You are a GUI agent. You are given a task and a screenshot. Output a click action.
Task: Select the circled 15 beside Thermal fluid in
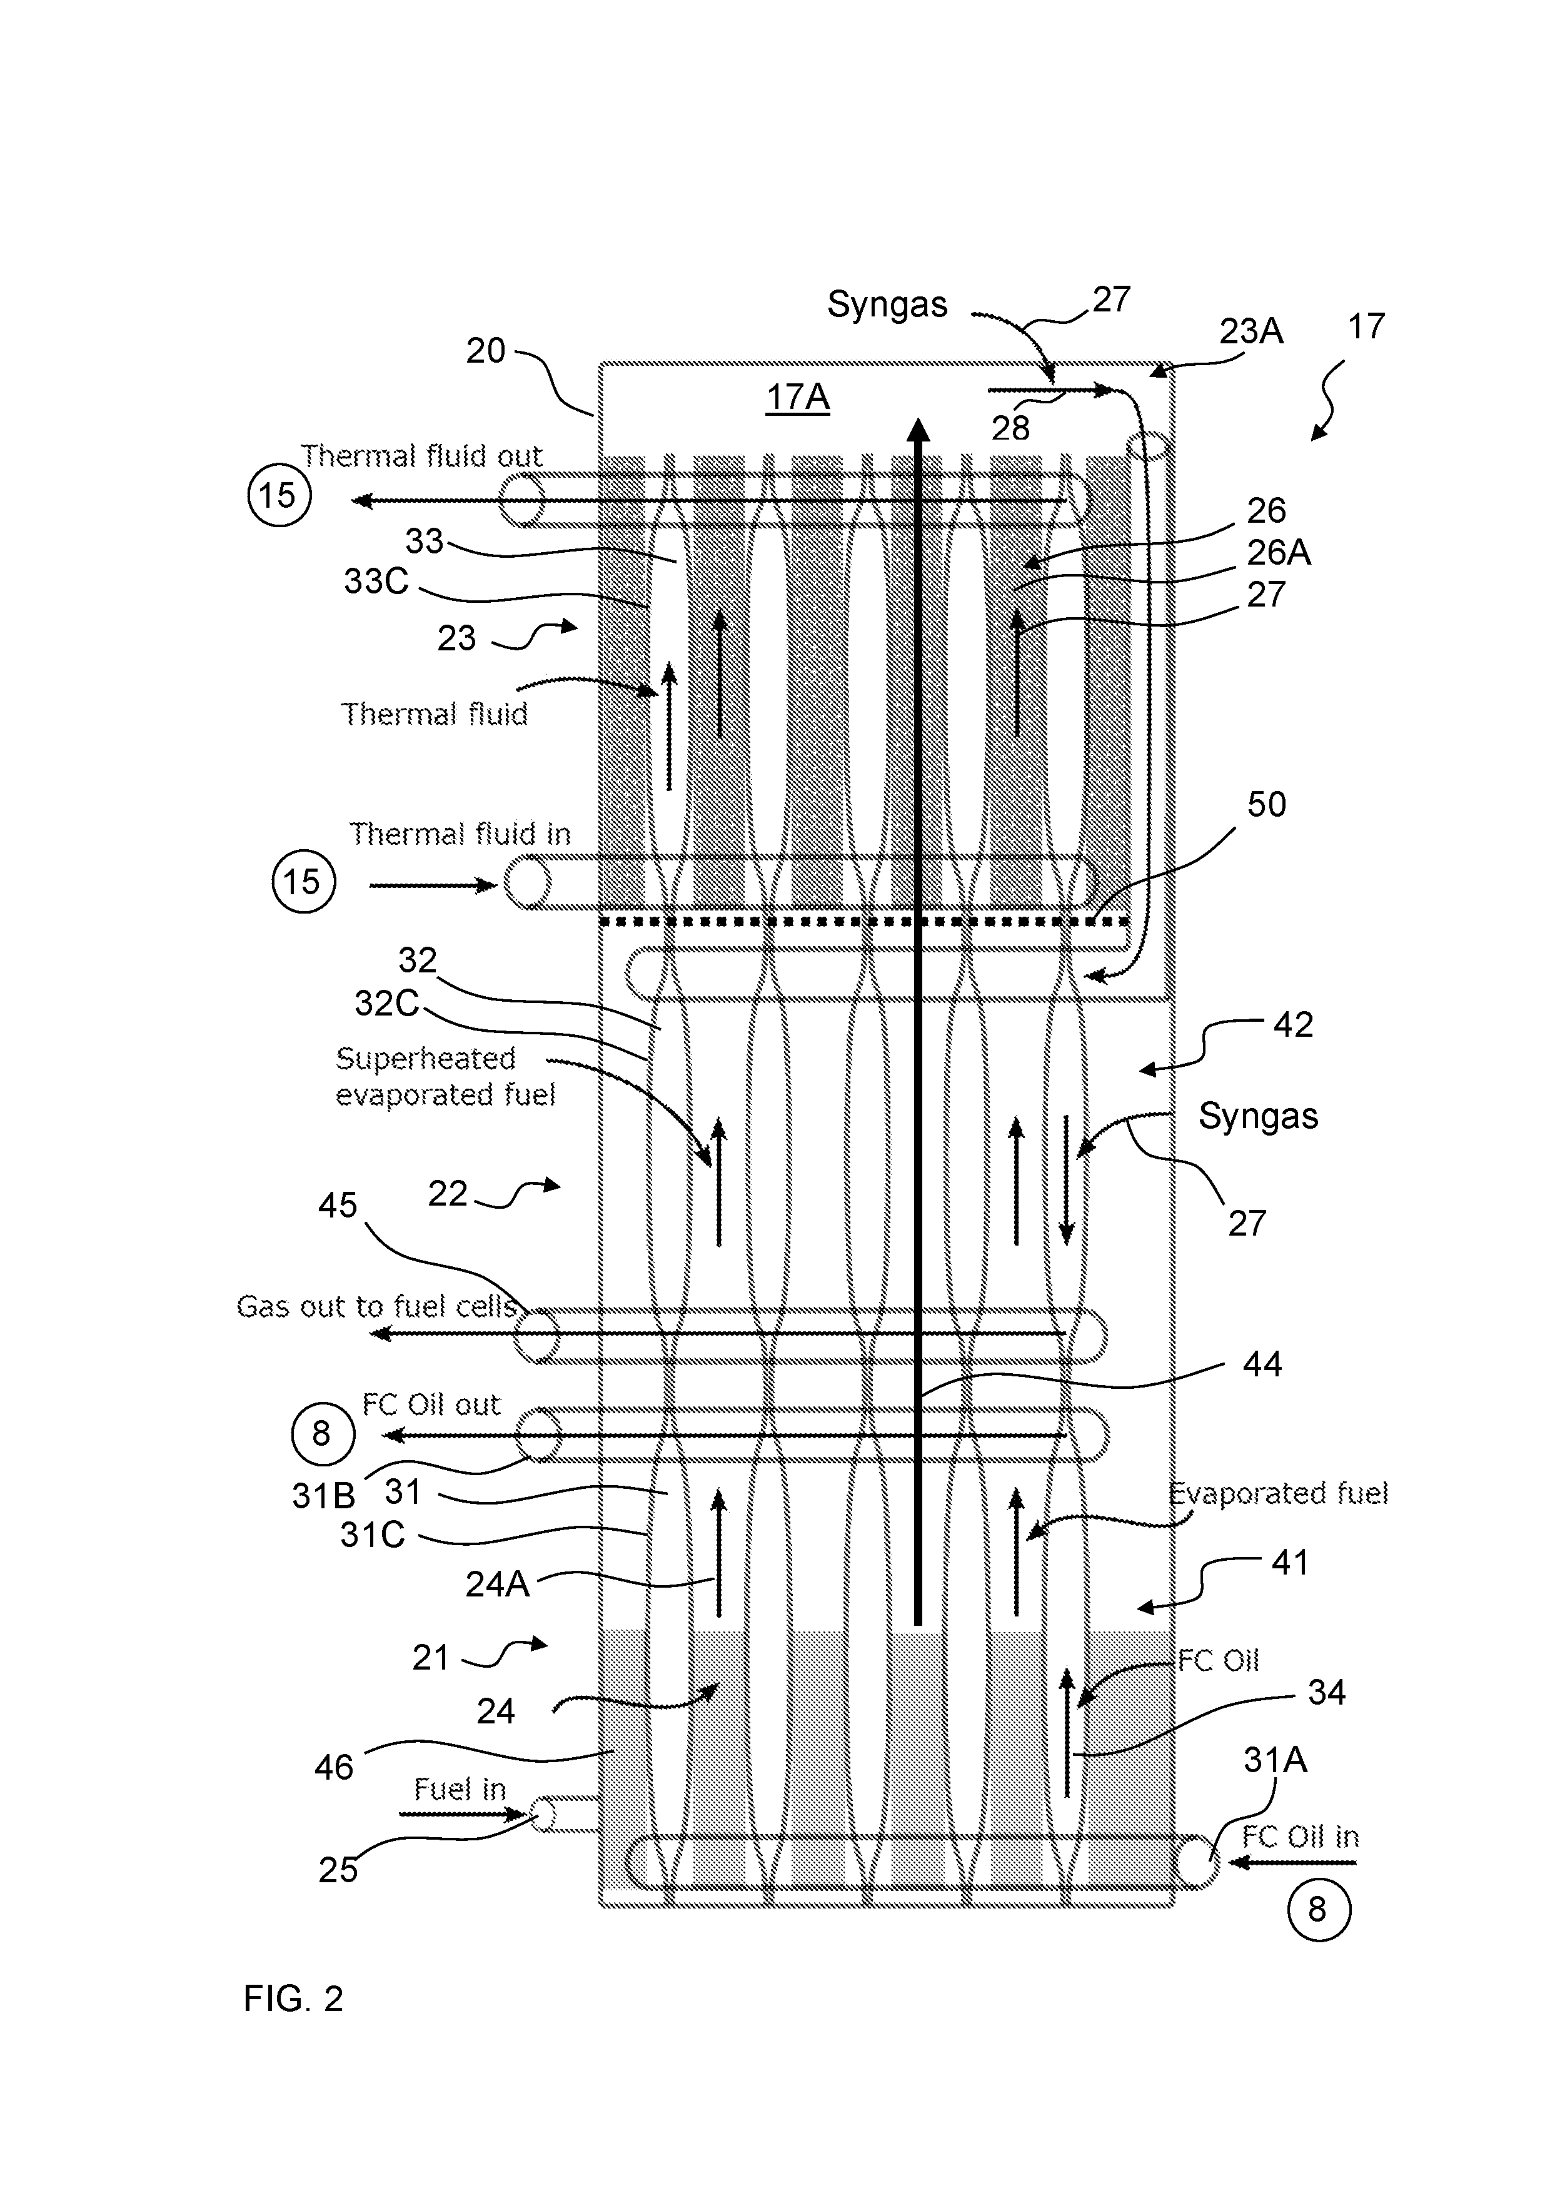(x=304, y=880)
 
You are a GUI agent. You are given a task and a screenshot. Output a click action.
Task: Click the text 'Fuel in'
(x=460, y=1789)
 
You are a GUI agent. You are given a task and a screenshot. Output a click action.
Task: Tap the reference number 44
(x=1262, y=1364)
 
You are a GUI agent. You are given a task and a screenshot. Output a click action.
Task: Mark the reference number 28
(x=1010, y=428)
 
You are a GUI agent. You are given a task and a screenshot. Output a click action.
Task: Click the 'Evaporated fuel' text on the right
(x=1279, y=1493)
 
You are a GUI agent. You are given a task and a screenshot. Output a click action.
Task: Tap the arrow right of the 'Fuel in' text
(x=463, y=1814)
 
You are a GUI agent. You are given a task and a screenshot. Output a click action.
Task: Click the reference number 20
(x=485, y=351)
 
